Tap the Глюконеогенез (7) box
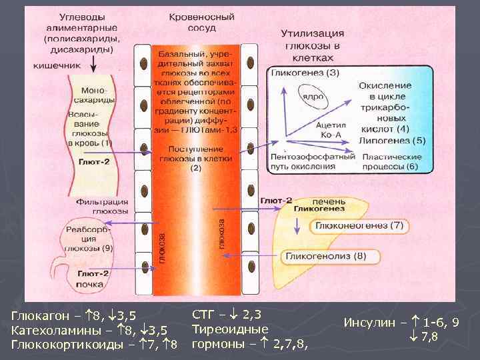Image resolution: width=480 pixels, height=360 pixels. [360, 227]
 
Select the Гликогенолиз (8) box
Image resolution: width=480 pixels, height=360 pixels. [325, 256]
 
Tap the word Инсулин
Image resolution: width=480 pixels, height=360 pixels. [369, 323]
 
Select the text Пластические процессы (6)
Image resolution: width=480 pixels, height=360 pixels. [391, 161]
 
